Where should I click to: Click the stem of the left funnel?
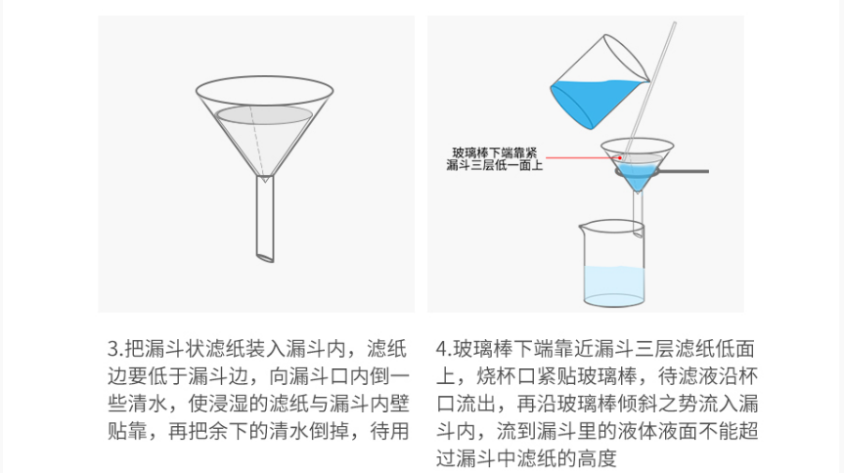click(265, 218)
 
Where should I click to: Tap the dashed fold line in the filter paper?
click(256, 141)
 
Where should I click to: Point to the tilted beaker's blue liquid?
click(592, 101)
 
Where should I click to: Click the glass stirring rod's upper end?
click(674, 23)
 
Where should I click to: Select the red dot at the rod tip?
click(620, 157)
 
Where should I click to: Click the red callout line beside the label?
click(582, 158)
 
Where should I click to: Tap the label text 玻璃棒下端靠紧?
click(494, 152)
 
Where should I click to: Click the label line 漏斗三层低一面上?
click(494, 165)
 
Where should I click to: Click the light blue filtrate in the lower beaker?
click(614, 285)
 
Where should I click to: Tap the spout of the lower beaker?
click(581, 227)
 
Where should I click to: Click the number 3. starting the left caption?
click(115, 349)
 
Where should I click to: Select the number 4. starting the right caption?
click(445, 349)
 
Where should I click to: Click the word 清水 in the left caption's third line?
click(147, 404)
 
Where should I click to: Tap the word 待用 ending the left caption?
click(389, 431)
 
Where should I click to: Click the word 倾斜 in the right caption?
click(617, 404)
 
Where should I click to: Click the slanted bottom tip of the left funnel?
click(265, 258)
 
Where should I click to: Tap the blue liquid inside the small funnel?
click(637, 175)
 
